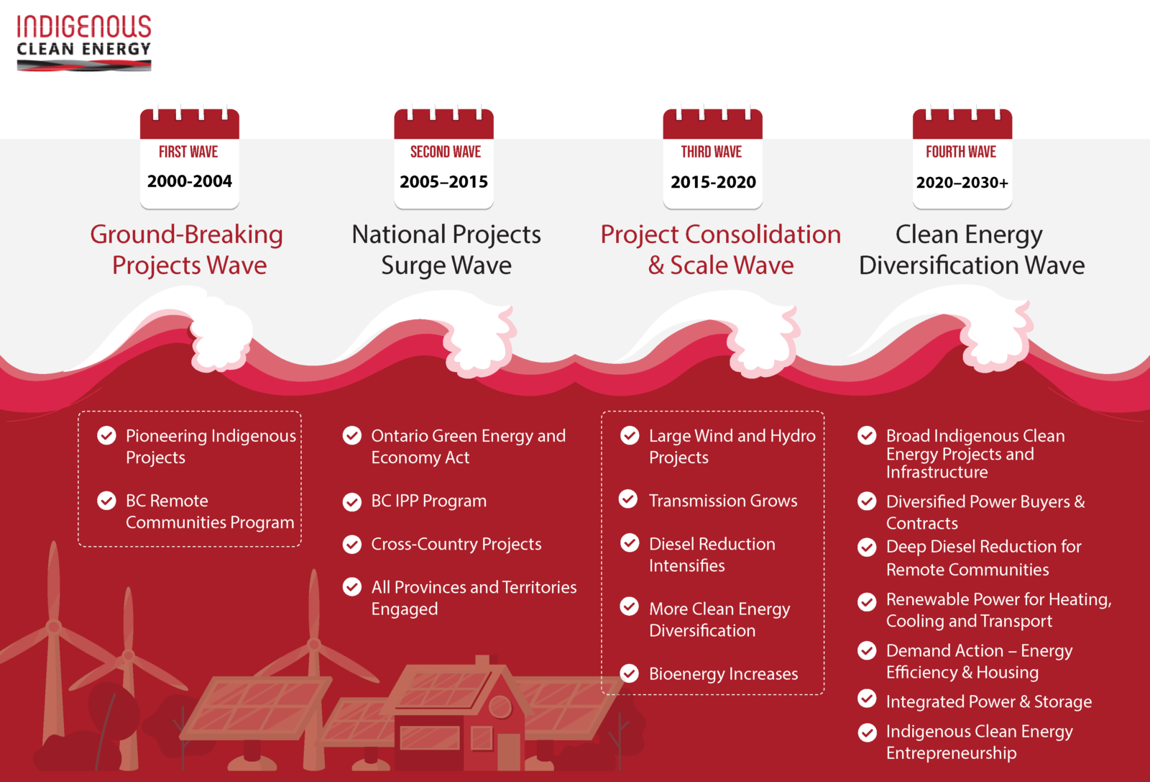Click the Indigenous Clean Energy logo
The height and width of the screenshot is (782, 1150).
(83, 43)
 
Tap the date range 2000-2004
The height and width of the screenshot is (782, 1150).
(190, 181)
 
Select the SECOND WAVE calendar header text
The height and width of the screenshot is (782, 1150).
(445, 152)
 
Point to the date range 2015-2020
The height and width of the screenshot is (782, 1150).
(713, 182)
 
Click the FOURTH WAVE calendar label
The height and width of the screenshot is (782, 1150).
(961, 152)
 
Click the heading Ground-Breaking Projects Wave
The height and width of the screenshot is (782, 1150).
(187, 250)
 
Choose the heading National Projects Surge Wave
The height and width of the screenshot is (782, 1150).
(446, 250)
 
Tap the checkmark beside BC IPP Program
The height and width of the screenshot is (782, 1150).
(352, 501)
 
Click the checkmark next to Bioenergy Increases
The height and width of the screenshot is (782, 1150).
(630, 673)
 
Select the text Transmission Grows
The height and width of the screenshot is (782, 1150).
(723, 501)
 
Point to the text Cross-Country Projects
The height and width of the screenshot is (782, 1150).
(456, 544)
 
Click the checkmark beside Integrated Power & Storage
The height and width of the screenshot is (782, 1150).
(868, 699)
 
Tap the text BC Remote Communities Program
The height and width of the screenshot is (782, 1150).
(210, 512)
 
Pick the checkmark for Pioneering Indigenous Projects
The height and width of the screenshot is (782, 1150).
(107, 435)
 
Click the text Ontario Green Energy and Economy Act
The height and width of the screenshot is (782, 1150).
(468, 447)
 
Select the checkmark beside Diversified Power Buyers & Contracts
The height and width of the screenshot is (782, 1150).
(868, 501)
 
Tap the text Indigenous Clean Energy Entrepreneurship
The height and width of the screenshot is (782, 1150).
(979, 742)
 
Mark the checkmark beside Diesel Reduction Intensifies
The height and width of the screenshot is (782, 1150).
(630, 543)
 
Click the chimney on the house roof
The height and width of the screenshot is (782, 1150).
(482, 662)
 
